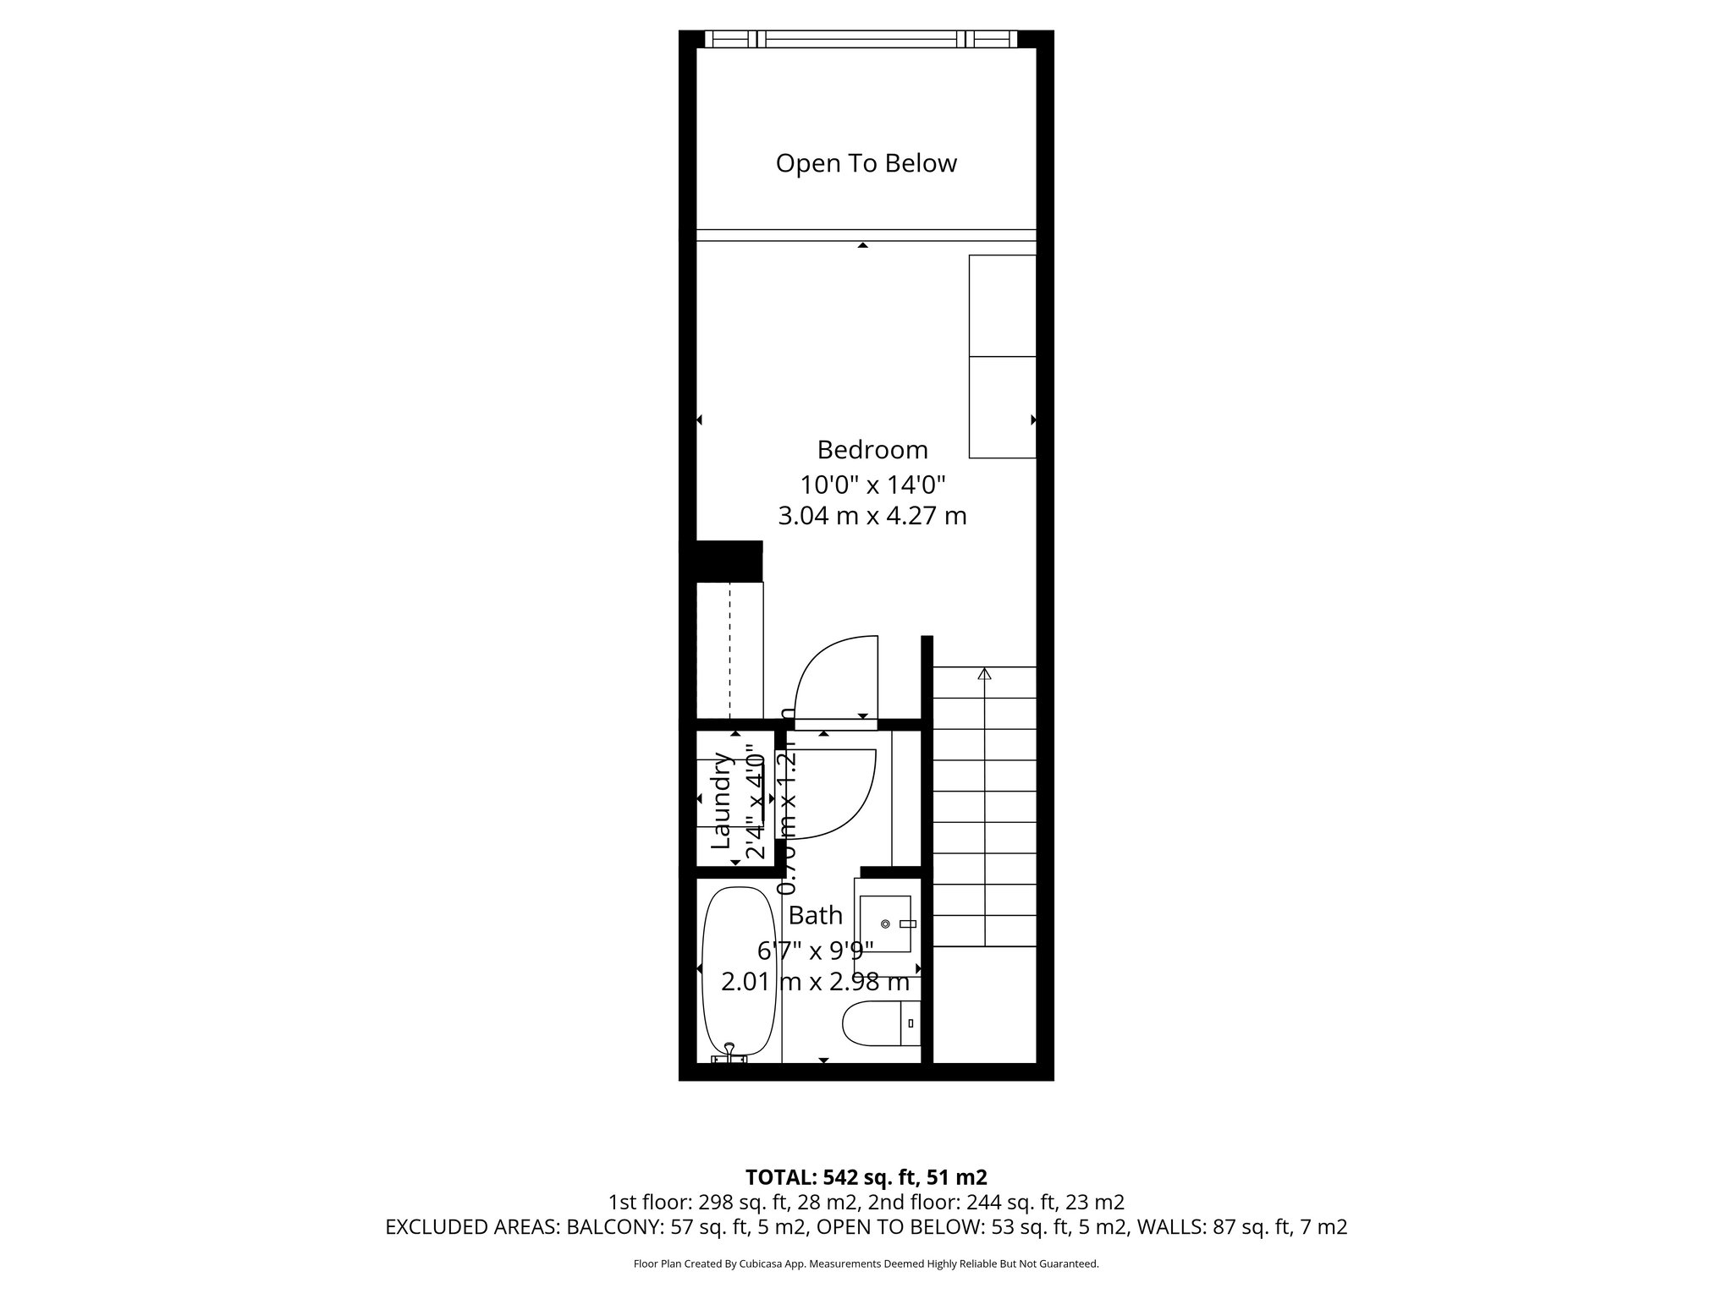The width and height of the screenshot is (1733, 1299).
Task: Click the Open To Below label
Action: (866, 163)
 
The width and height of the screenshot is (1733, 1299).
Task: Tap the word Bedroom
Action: (872, 449)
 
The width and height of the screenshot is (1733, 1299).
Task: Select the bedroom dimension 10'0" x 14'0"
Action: (872, 485)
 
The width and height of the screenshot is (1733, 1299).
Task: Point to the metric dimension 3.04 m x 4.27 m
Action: (872, 516)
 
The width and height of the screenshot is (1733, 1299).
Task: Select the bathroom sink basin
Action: (885, 924)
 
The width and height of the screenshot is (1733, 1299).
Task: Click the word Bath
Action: (815, 915)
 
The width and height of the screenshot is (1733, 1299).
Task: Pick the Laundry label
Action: (721, 801)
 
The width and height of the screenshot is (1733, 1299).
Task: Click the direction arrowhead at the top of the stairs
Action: (984, 674)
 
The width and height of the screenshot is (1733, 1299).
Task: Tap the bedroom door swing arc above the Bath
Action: (833, 677)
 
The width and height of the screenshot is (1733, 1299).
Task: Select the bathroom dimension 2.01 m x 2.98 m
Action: (815, 982)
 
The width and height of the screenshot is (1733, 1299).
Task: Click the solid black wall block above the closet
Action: (727, 561)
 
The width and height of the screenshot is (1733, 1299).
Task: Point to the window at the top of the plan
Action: (861, 39)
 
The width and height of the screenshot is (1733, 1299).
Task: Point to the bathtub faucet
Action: (729, 1054)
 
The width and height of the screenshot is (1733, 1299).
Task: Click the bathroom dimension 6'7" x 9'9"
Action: (815, 951)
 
